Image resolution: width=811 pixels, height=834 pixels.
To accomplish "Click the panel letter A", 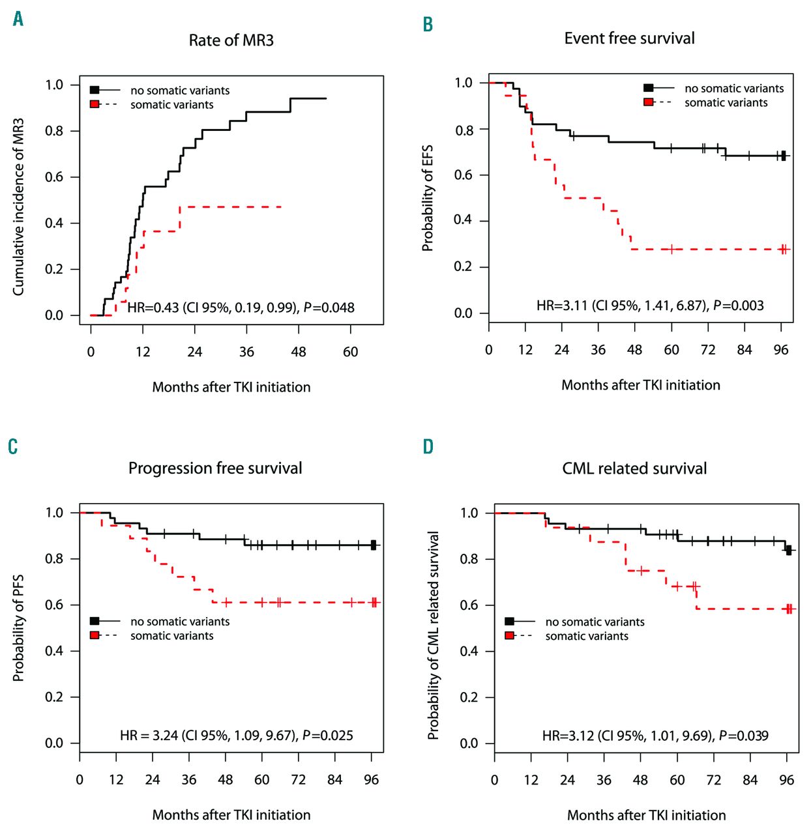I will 18,19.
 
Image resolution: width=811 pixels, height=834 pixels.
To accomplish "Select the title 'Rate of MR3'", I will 231,40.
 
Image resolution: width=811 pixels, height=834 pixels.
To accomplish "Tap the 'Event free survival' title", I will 629,38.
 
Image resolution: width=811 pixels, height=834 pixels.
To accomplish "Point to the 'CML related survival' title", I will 634,468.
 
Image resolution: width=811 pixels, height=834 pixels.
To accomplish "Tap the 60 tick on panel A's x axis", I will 350,352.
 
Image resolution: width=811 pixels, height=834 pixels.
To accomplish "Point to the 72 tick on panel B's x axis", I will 708,351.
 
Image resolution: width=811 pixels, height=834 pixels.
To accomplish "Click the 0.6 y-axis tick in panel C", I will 54,605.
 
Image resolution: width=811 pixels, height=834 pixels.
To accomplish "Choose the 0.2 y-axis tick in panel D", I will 469,697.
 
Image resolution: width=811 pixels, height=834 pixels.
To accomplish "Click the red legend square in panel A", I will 95,104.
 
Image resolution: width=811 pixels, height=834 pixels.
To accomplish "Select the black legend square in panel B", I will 648,88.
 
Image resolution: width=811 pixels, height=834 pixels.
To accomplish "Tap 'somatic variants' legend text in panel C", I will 171,636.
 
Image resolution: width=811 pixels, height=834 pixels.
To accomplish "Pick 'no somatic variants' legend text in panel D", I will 595,622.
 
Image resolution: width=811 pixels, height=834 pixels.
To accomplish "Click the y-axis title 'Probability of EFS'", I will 428,198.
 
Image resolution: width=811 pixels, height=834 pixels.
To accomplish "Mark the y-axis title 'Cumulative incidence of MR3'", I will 18,207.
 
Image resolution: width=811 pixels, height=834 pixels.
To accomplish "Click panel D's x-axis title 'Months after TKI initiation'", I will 646,815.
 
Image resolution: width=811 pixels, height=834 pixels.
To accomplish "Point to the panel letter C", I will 13,447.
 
